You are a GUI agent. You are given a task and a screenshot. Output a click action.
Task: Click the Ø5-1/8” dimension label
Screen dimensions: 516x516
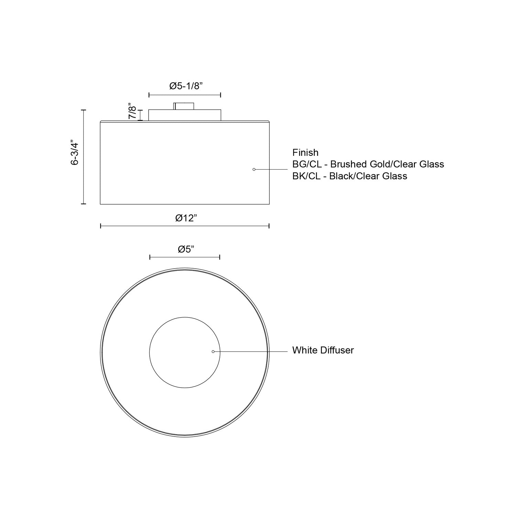186,86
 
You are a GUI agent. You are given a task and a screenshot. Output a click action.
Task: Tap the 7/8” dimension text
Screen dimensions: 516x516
133,111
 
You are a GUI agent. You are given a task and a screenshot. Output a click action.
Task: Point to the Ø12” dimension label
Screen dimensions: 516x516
186,218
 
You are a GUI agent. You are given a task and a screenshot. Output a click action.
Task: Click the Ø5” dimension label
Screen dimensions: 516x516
186,249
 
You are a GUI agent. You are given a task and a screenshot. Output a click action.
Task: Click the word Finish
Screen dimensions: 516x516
305,152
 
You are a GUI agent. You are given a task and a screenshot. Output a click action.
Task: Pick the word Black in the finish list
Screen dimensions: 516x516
341,176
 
